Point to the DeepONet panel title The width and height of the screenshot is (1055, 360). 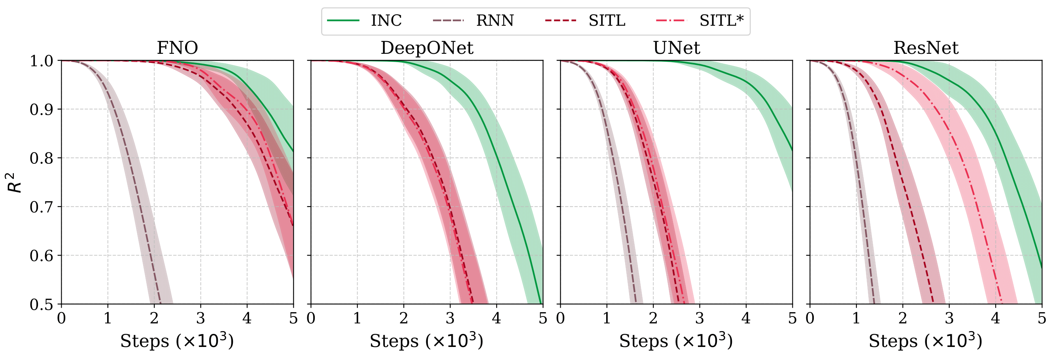point(427,48)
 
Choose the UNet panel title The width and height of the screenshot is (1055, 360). point(676,48)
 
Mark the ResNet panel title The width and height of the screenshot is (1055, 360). point(926,48)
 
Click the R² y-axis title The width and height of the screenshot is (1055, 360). point(15,183)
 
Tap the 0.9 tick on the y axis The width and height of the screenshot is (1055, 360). point(42,110)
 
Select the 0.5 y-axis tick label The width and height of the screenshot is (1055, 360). point(42,305)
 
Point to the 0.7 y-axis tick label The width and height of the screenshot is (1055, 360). point(42,207)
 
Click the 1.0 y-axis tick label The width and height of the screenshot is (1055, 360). point(42,61)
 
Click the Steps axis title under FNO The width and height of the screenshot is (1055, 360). point(177,341)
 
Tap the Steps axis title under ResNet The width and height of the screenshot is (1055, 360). point(926,341)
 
